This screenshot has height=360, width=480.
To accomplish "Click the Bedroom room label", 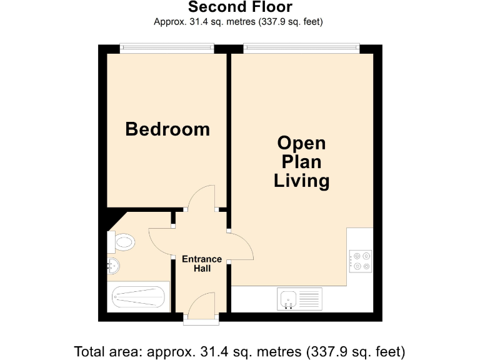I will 167,129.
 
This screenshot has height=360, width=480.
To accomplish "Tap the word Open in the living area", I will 302,143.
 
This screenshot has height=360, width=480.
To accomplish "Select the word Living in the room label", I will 302,181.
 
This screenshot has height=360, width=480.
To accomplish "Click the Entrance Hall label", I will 201,264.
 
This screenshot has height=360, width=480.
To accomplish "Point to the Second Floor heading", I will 239,7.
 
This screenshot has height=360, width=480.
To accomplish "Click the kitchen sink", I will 289,299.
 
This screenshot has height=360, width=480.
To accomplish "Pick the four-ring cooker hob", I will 361,260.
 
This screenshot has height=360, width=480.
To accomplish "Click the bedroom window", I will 167,46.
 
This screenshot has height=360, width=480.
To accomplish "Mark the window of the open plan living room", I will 302,46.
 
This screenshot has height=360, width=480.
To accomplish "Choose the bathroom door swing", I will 160,241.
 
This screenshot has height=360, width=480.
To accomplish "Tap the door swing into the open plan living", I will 242,247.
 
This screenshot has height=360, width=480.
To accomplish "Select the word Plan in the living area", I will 302,162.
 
